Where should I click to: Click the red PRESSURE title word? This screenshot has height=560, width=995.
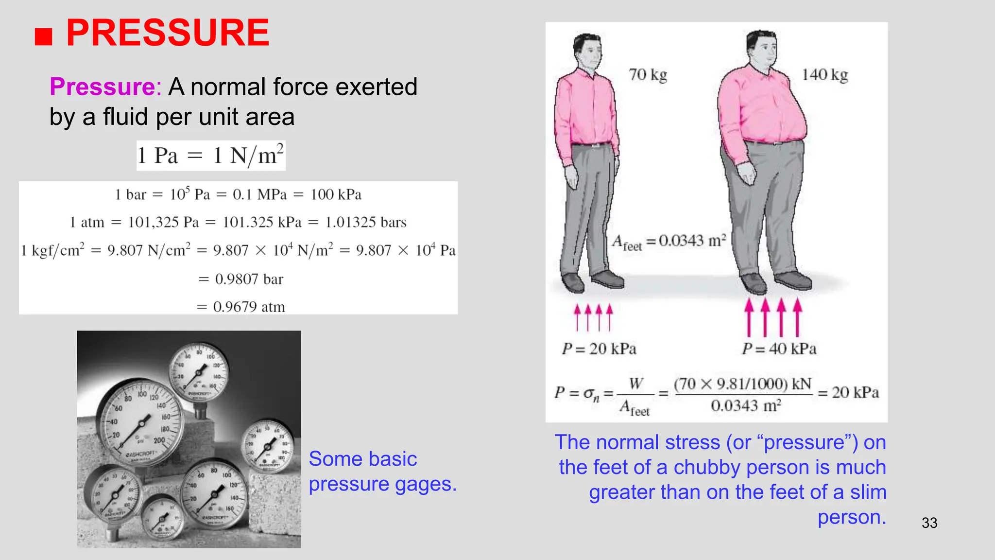[168, 33]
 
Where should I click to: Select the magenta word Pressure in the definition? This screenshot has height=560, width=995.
[103, 87]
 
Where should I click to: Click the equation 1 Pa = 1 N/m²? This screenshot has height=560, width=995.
[210, 156]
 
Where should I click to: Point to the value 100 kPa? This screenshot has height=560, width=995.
[336, 195]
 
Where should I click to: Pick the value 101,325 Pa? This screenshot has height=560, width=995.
[163, 223]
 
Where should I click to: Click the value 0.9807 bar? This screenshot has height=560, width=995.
[249, 280]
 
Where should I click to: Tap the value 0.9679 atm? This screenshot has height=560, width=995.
[249, 307]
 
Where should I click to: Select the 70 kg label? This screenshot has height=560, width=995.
[648, 75]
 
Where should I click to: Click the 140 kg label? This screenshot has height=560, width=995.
[825, 75]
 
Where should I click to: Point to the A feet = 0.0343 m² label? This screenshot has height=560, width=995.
[669, 242]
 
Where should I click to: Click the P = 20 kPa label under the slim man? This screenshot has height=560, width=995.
[599, 349]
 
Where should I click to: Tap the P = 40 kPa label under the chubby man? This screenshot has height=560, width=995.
[779, 349]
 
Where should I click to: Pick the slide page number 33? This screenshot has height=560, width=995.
[929, 523]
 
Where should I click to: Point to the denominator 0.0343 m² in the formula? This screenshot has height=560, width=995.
[746, 406]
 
